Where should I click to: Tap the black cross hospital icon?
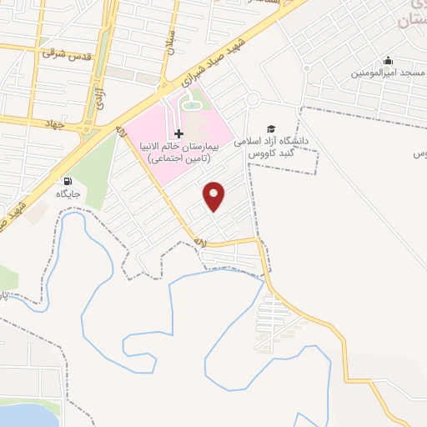click(179, 134)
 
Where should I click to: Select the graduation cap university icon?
click(270, 128)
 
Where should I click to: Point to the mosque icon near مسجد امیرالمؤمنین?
click(388, 61)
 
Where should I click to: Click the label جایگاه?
click(67, 194)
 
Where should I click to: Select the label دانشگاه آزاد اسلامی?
click(271, 142)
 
